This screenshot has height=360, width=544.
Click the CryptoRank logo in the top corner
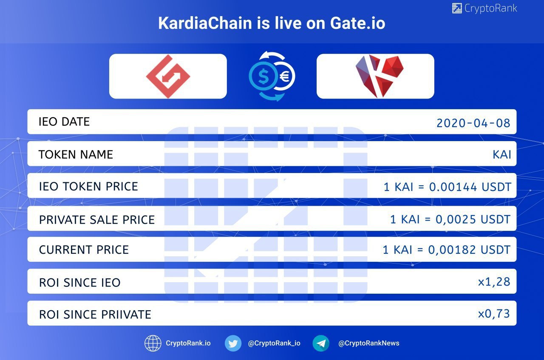(x=484, y=8)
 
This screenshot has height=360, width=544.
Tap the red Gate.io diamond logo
(x=168, y=76)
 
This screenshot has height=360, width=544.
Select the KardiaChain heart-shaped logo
(x=380, y=76)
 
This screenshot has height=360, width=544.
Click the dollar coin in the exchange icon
(x=263, y=76)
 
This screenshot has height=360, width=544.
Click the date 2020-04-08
(x=473, y=123)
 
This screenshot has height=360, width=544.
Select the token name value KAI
(x=502, y=154)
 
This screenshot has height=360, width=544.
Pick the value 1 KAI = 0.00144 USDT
(x=448, y=187)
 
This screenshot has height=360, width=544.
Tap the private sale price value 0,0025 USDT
(x=473, y=219)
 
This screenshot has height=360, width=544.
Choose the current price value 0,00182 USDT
(x=469, y=250)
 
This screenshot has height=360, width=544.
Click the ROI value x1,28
(x=494, y=282)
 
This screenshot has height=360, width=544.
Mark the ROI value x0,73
(x=494, y=314)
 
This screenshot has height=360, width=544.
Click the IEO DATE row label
(x=64, y=122)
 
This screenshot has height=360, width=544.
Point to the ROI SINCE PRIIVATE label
(x=95, y=315)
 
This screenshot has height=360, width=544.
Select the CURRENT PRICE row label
(x=84, y=250)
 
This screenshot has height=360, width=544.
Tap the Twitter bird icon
(x=233, y=343)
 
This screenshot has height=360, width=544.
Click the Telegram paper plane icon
(x=321, y=343)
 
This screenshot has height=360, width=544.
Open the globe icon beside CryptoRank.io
(x=153, y=343)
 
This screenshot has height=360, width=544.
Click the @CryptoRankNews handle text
(x=368, y=343)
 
